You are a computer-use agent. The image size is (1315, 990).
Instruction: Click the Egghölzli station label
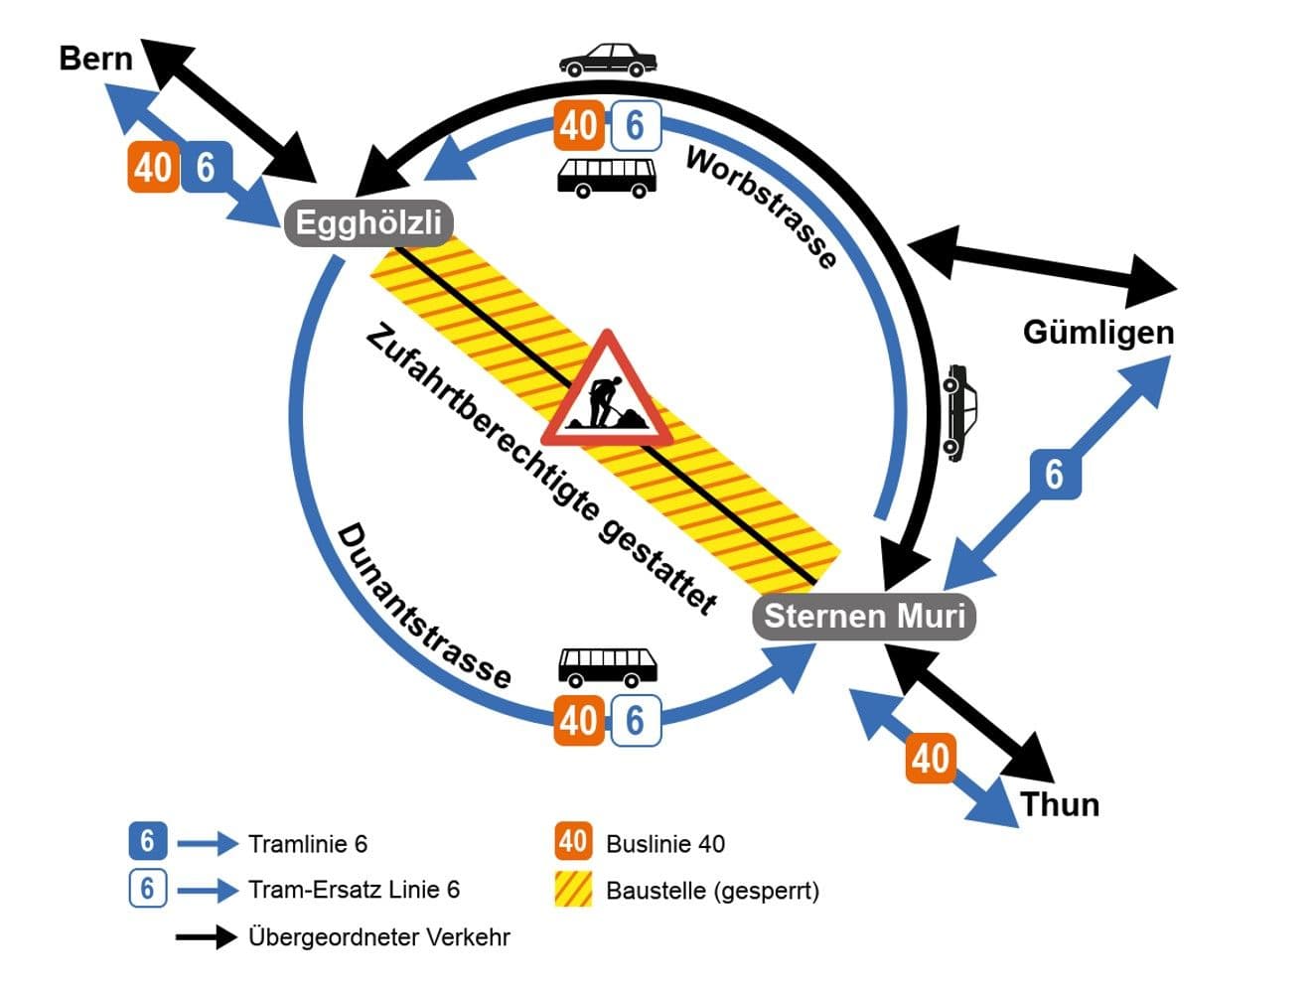point(368,222)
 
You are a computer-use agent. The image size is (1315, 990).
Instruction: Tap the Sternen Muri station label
point(864,616)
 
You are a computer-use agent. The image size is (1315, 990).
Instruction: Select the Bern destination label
point(95,58)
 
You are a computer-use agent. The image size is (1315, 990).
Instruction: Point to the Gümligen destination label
point(1097,332)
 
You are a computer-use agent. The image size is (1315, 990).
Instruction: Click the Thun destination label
point(1060,803)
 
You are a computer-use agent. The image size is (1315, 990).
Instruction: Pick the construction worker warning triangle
point(606,394)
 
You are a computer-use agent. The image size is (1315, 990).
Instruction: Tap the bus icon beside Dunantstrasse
point(608,666)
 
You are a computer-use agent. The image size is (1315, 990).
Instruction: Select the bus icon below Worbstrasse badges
point(606,176)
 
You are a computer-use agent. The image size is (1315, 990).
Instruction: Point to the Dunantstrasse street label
point(424,607)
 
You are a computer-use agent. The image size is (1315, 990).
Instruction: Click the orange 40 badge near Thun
point(931,759)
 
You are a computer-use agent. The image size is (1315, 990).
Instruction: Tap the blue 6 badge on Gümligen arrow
point(1054,475)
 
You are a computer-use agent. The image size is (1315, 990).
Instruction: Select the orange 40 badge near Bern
point(152,167)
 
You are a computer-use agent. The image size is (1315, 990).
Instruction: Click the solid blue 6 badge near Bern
point(206,167)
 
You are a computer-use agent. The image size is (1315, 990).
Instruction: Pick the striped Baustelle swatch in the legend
point(573,889)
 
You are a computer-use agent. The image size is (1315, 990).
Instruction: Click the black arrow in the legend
point(206,936)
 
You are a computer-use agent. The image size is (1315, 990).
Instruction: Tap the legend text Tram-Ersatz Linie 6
point(354,889)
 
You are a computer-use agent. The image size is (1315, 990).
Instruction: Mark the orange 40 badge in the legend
point(573,842)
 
